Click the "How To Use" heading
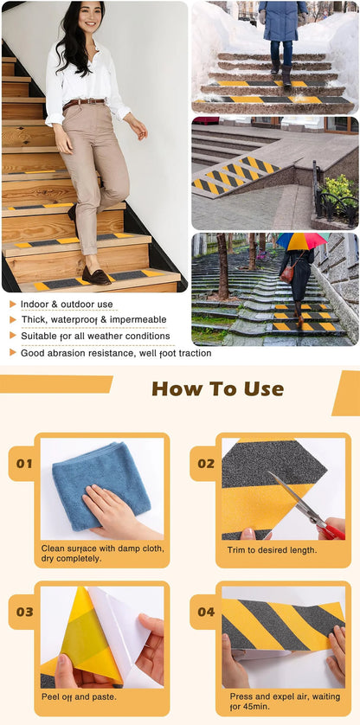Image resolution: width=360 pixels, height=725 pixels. (217, 388)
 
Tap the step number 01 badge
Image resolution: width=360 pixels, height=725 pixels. (24, 463)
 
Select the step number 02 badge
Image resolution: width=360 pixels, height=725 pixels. (205, 463)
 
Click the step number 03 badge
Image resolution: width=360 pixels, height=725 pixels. (24, 612)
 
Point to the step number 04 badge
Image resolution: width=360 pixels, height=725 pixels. (205, 612)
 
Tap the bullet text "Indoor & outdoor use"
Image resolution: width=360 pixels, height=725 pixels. (67, 305)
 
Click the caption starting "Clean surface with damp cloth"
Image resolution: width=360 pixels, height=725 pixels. (102, 554)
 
